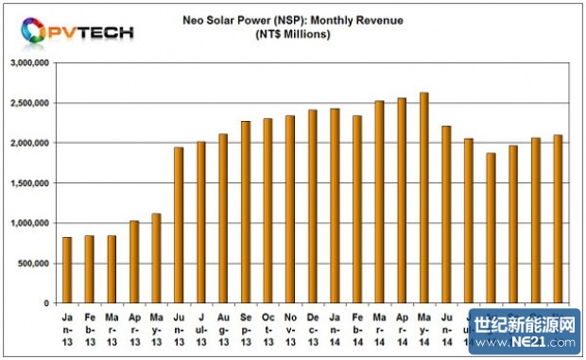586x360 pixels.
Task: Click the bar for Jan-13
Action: pyautogui.click(x=67, y=270)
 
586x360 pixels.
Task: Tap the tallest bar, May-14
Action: pyautogui.click(x=424, y=198)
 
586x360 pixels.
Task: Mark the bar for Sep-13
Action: pyautogui.click(x=246, y=213)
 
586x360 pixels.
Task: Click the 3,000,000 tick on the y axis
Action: pyautogui.click(x=32, y=62)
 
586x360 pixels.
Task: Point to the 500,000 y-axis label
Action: pyautogui.click(x=36, y=264)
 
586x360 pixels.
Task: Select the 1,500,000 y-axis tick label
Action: pyautogui.click(x=32, y=183)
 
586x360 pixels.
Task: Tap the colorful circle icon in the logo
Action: pyautogui.click(x=31, y=31)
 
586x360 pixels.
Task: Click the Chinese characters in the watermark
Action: pyautogui.click(x=526, y=324)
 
